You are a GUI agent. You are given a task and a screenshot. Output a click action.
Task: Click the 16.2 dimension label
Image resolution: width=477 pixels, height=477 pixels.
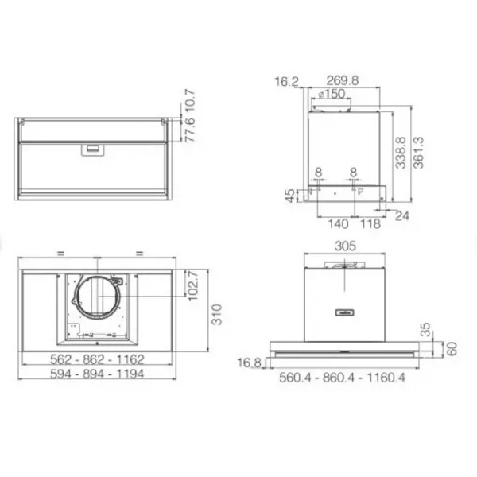(286, 82)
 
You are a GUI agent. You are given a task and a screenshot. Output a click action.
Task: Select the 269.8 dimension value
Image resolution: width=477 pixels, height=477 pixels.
(342, 80)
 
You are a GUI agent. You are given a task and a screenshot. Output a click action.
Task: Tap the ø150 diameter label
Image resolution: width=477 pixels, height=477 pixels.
(332, 94)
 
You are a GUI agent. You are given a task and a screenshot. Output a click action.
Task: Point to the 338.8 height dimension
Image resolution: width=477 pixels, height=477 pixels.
(401, 153)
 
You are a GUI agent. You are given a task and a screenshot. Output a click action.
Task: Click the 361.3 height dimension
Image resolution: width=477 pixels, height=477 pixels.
(418, 153)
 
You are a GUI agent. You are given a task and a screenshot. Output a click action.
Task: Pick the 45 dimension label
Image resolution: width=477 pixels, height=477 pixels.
(290, 196)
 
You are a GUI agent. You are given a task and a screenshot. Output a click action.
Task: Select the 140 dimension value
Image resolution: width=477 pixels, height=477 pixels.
(338, 224)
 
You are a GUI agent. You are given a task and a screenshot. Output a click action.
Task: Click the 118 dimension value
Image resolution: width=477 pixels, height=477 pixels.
(370, 224)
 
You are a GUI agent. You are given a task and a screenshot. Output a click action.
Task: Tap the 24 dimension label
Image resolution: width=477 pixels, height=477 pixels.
(401, 215)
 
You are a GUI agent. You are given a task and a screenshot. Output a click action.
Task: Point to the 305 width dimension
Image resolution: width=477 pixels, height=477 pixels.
(345, 246)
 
